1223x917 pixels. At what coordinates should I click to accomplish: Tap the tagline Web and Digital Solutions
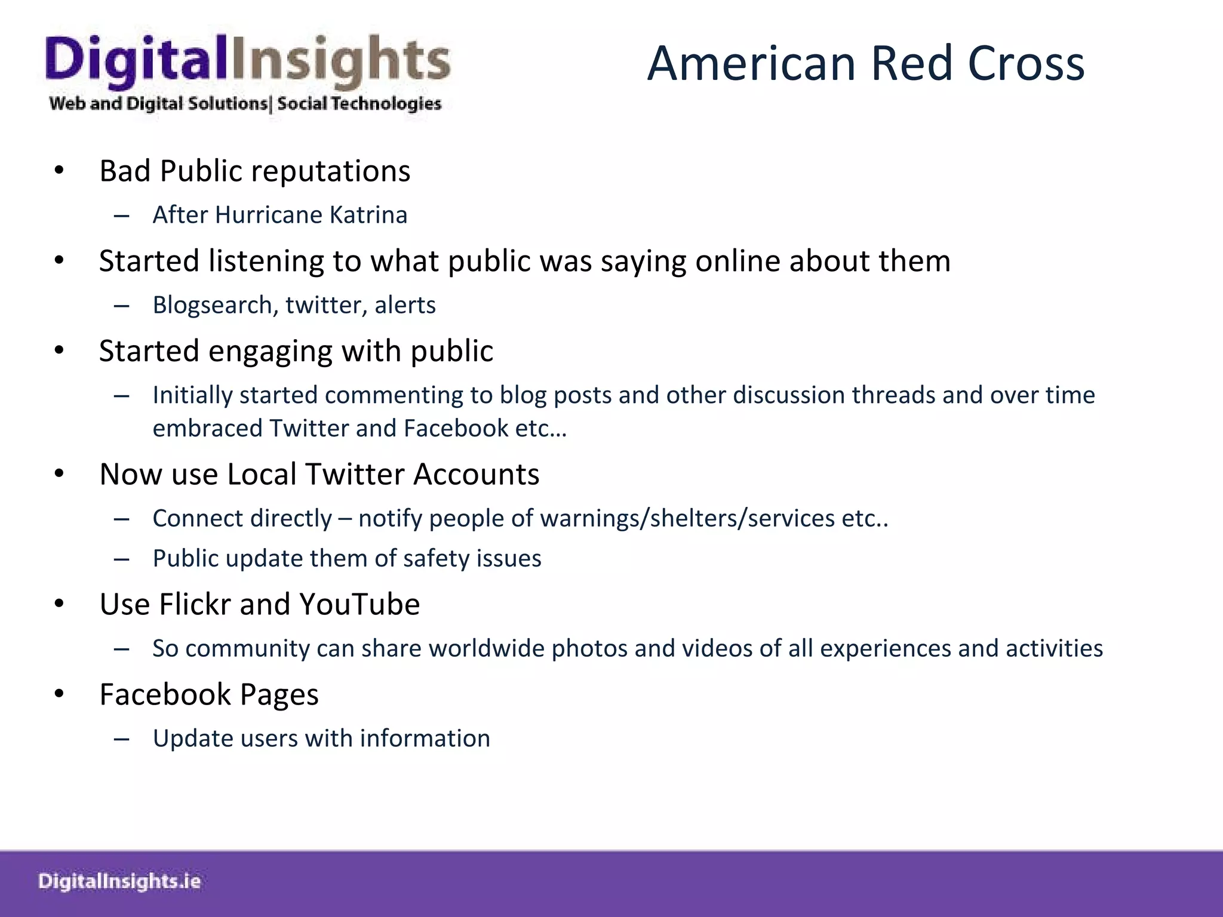click(158, 103)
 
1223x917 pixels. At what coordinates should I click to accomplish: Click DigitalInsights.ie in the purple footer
click(119, 881)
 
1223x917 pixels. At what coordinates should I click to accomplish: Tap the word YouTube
click(359, 604)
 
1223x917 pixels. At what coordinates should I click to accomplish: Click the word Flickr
click(195, 604)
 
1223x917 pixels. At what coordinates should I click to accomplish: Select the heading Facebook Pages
click(209, 694)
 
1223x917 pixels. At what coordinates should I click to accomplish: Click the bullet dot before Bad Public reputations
click(59, 171)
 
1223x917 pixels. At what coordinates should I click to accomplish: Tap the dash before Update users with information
click(122, 739)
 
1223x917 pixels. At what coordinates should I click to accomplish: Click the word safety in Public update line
click(428, 559)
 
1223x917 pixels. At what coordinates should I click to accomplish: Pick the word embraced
click(207, 429)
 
